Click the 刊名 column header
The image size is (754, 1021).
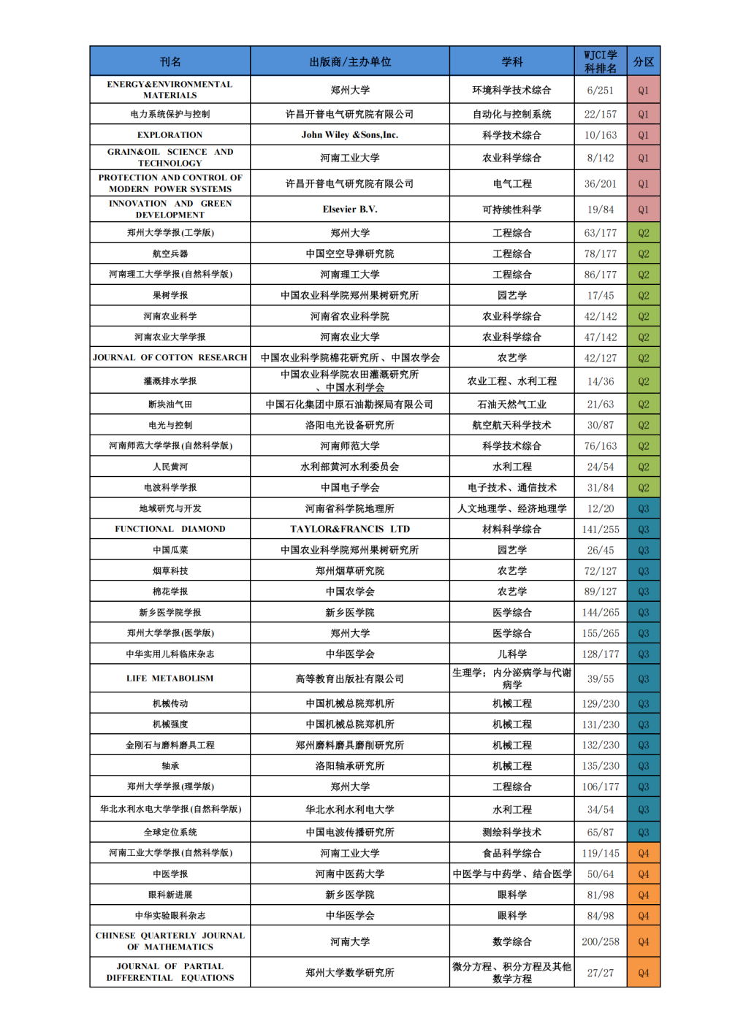click(x=170, y=62)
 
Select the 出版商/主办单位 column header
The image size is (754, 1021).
click(x=350, y=62)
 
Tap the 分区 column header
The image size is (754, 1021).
click(x=643, y=62)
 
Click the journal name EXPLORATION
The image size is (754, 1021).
click(x=170, y=135)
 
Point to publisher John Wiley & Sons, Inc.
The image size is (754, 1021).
click(x=350, y=135)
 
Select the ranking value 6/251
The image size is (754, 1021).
click(x=600, y=91)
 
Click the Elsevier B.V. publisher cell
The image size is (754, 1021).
click(x=350, y=210)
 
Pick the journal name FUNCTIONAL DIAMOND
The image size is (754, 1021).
click(x=170, y=529)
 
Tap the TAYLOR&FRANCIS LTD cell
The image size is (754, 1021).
click(x=350, y=529)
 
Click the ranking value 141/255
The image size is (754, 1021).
click(x=600, y=529)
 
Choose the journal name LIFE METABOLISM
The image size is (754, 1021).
click(x=170, y=678)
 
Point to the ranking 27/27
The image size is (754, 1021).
click(x=600, y=973)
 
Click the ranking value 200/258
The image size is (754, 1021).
click(x=600, y=942)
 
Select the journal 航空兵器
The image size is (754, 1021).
click(x=170, y=253)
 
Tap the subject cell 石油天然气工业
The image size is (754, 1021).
click(x=511, y=405)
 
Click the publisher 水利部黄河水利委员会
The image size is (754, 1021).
click(x=350, y=467)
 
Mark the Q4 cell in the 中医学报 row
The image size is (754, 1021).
click(x=643, y=874)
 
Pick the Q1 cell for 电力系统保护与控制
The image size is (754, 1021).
click(x=643, y=115)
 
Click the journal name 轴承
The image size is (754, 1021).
click(x=170, y=766)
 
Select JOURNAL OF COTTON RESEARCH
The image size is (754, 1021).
click(x=170, y=358)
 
